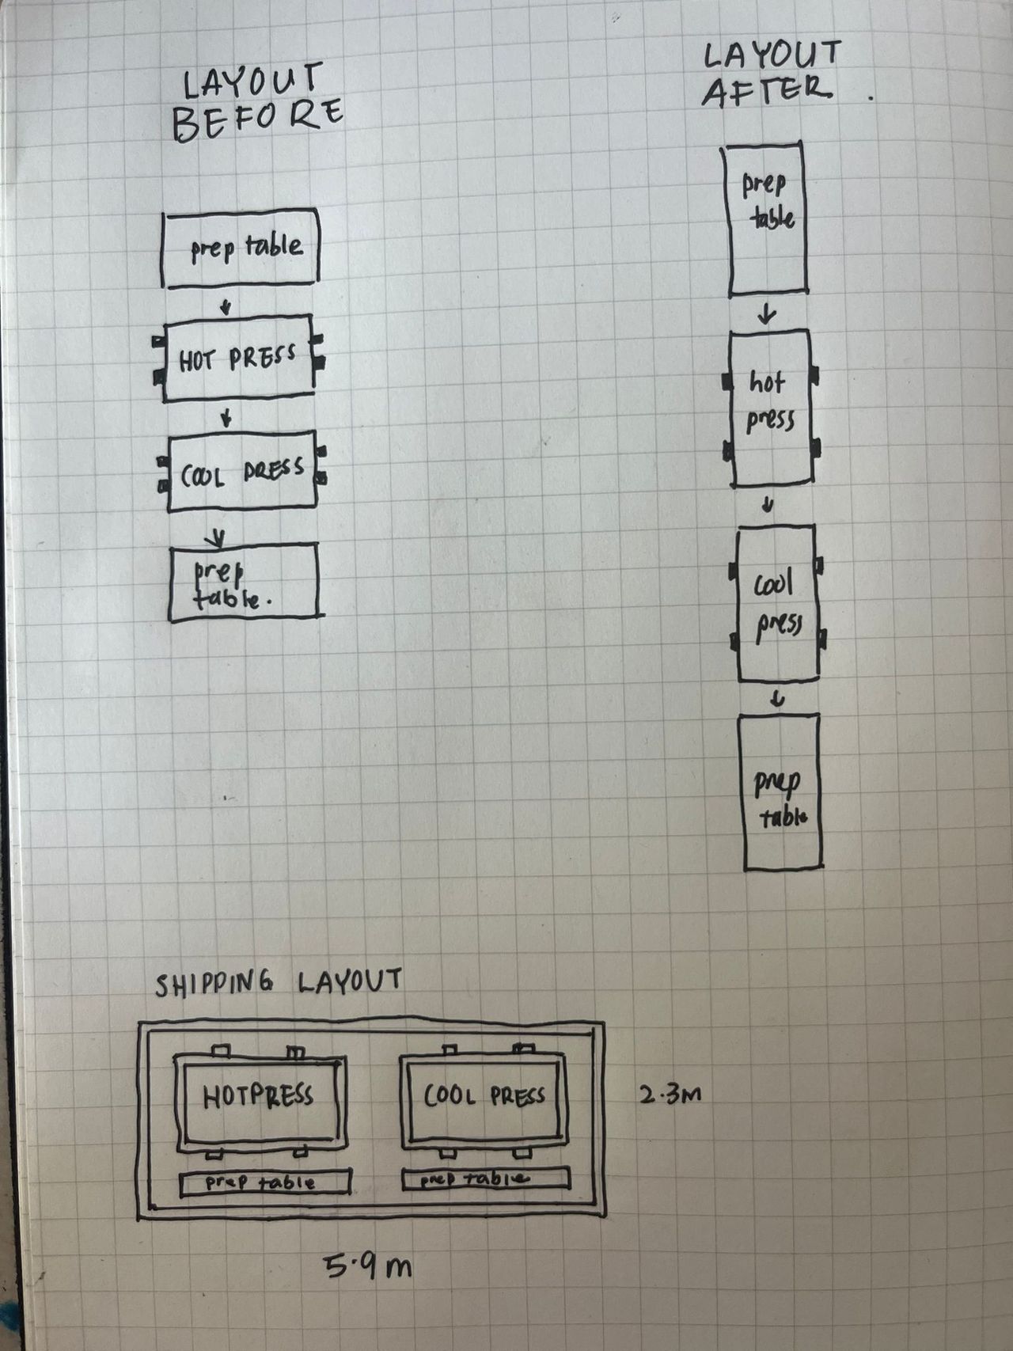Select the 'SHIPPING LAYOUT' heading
point(278,983)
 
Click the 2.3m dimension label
point(670,1095)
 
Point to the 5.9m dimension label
point(368,1267)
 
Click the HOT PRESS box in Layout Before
point(238,359)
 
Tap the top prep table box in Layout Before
point(241,248)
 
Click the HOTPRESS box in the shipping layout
point(260,1100)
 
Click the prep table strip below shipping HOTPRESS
point(265,1182)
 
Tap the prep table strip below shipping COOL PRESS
point(485,1178)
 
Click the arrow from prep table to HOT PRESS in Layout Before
point(226,305)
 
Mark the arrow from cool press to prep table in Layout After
point(778,698)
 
